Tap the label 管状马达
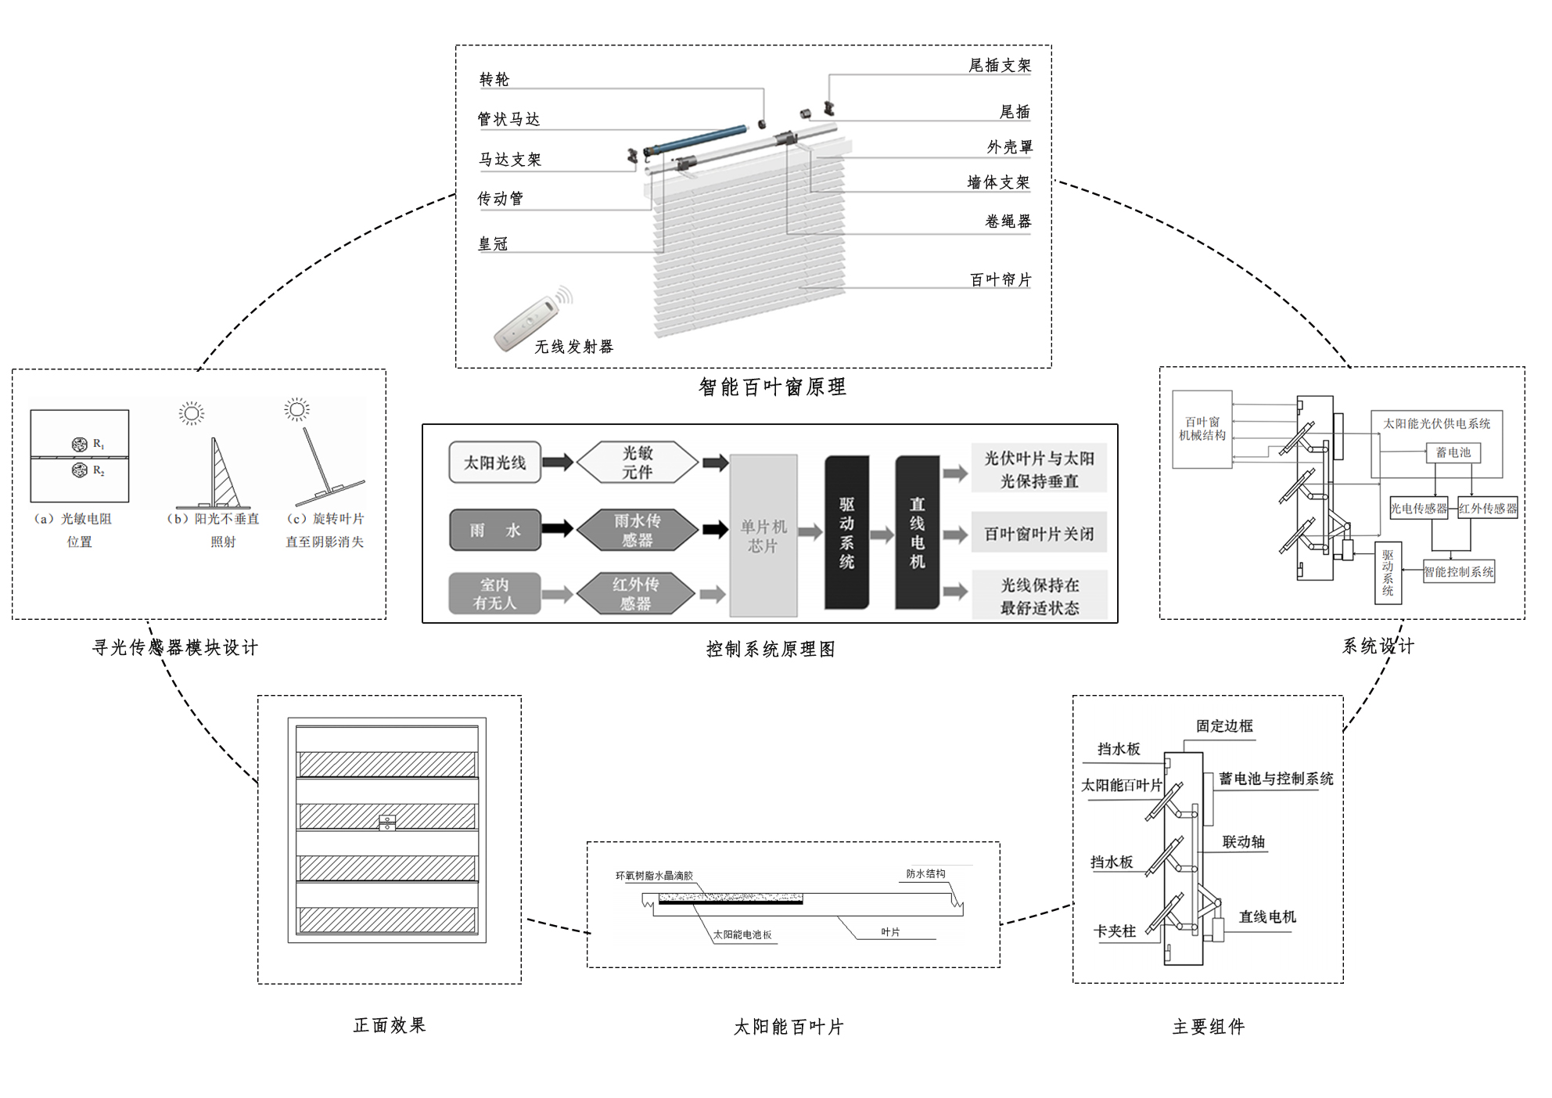pos(508,119)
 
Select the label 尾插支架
pos(999,66)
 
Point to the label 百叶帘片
pos(1000,280)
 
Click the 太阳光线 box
pos(494,463)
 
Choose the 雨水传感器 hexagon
pos(637,530)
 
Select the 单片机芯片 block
pos(763,536)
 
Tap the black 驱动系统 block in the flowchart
pos(846,533)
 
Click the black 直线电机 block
pos(917,533)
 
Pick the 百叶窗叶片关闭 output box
pos(1039,534)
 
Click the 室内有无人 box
pos(494,594)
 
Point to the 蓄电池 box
pos(1453,452)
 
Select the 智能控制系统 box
pos(1458,572)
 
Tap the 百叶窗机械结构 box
pos(1202,429)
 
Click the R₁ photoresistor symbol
pos(80,445)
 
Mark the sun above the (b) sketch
pos(192,412)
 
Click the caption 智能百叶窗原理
pos(772,387)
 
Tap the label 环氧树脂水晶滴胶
pos(654,876)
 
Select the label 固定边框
pos(1223,726)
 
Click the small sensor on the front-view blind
pos(387,823)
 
